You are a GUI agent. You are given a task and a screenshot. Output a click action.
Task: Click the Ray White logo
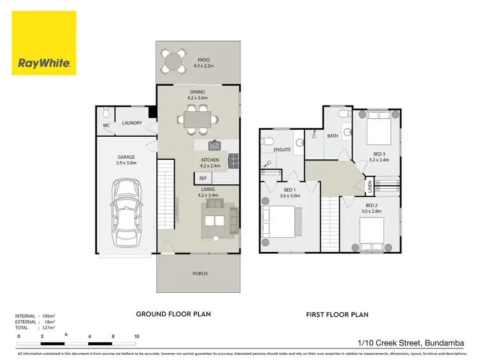coord(44,43)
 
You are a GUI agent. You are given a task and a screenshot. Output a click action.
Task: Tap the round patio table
coord(173,61)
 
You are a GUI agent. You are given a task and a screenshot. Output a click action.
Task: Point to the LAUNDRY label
coord(132,123)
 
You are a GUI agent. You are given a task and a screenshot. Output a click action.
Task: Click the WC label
coord(106,125)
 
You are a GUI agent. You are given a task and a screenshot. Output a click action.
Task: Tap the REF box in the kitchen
coord(203,178)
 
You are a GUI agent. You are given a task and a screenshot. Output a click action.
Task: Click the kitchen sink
coord(216,145)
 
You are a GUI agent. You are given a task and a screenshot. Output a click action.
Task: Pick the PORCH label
coord(200,274)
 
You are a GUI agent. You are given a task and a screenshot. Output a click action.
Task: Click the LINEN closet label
coord(369,187)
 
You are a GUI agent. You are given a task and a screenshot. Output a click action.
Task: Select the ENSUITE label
coord(282,150)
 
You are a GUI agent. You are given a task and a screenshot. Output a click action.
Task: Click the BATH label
coord(333,136)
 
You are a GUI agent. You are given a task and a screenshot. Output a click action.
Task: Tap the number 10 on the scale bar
coord(136,336)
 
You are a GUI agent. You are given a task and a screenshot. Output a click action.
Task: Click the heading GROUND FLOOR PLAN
coord(173,314)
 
